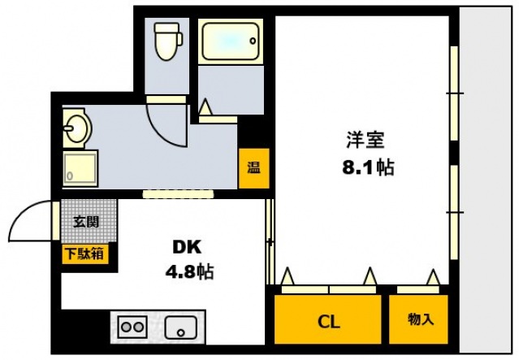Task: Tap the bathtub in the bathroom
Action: [230, 41]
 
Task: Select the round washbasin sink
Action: [77, 128]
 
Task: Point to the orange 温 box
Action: [253, 169]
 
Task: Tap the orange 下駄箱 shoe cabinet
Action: [84, 254]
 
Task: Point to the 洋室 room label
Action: [365, 140]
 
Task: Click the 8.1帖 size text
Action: [367, 167]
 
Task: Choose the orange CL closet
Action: [327, 319]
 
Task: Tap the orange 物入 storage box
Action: [420, 319]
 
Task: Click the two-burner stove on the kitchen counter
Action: [131, 327]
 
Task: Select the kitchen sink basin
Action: [184, 327]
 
